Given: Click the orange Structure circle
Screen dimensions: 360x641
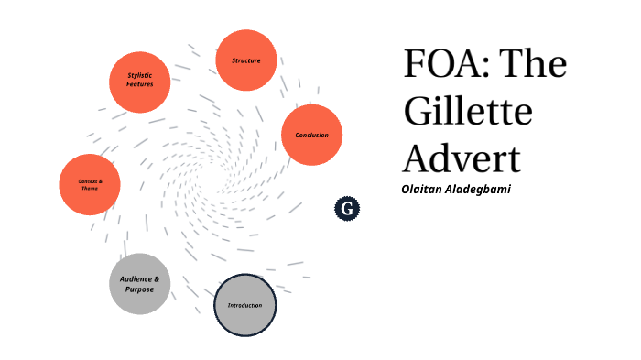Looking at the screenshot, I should tap(245, 60).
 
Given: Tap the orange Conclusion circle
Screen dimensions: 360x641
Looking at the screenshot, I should tap(311, 135).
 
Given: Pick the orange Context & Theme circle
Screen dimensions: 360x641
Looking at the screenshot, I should tap(89, 184).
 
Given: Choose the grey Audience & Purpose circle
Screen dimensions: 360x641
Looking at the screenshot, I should tap(139, 283).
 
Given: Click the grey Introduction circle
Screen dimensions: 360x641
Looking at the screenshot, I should tap(244, 305).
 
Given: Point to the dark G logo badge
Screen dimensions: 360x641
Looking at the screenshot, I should tap(347, 210).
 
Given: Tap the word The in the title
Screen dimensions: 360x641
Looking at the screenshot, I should tap(536, 66).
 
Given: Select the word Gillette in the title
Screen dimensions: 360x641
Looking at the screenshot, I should tap(467, 112).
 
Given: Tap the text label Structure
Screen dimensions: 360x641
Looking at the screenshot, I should tap(245, 60).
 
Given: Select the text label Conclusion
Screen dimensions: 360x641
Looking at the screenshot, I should tap(311, 136).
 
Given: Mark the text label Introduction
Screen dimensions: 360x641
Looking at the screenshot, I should tap(244, 305).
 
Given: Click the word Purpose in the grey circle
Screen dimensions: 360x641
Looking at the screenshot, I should tap(140, 289).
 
